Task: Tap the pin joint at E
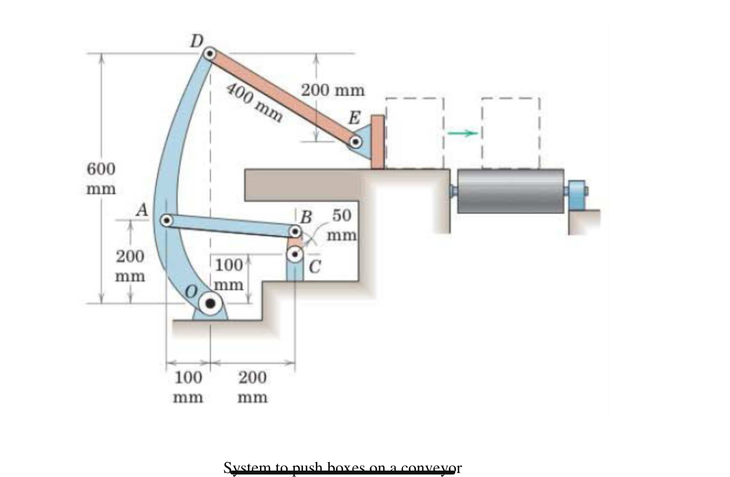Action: coord(355,142)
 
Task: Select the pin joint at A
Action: coord(166,220)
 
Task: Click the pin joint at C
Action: coord(295,255)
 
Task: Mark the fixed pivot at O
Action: coord(210,304)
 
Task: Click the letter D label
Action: coord(196,41)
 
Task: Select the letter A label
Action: coord(142,210)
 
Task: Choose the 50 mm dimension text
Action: coord(342,225)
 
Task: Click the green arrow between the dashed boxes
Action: coord(463,133)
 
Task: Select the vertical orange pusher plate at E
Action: coord(378,142)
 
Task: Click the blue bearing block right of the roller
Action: coord(576,195)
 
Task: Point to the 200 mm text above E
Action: coord(333,90)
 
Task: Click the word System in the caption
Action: coord(247,468)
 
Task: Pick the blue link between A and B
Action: coord(230,226)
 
